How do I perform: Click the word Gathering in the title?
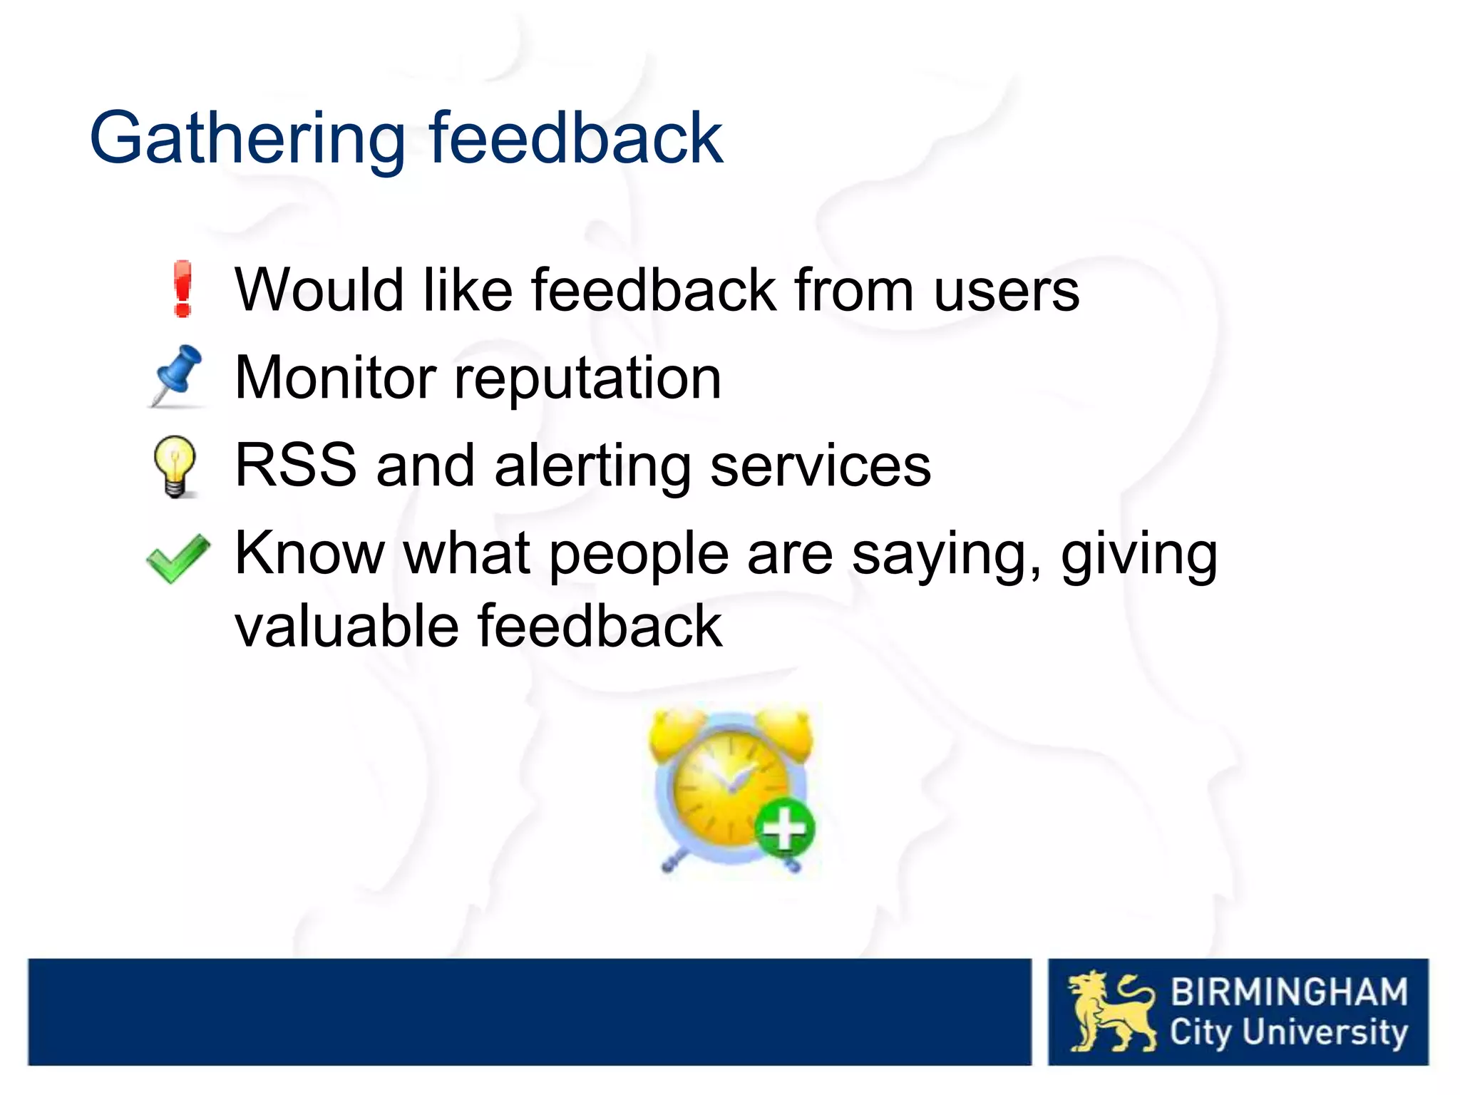(x=247, y=139)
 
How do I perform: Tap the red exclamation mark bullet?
(x=183, y=289)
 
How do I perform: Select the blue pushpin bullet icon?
(x=178, y=376)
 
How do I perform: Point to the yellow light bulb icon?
(x=175, y=466)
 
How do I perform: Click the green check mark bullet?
(x=178, y=558)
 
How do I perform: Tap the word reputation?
(x=588, y=379)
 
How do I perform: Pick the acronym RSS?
(x=296, y=466)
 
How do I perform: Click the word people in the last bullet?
(x=638, y=555)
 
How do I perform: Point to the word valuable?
(x=346, y=627)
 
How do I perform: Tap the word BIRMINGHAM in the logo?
(x=1289, y=992)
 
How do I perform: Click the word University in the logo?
(x=1325, y=1032)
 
